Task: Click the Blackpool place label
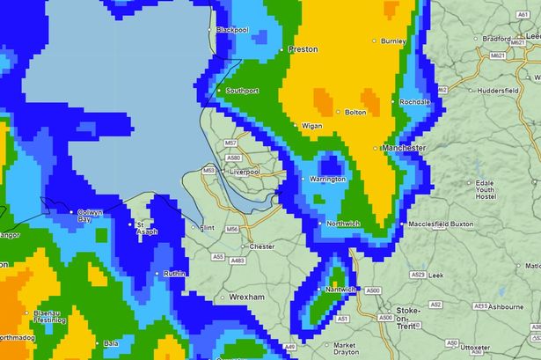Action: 232,30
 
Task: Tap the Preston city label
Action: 303,49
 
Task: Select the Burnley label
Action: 393,40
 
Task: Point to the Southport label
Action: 242,91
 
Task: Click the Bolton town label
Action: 355,113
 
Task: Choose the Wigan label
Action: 311,127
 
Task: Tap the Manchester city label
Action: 404,148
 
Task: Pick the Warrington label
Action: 327,180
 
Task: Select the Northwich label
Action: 343,224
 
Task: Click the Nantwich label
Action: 340,289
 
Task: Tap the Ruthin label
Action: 175,274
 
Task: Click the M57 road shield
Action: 230,143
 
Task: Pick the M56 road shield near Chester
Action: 231,229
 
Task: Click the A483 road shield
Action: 237,261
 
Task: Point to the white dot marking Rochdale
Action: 394,102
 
